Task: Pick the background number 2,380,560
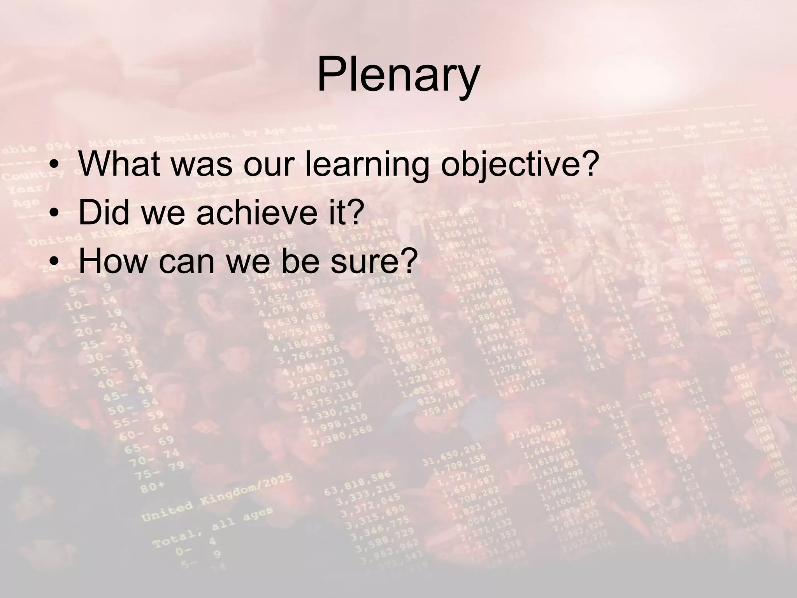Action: pyautogui.click(x=344, y=434)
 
